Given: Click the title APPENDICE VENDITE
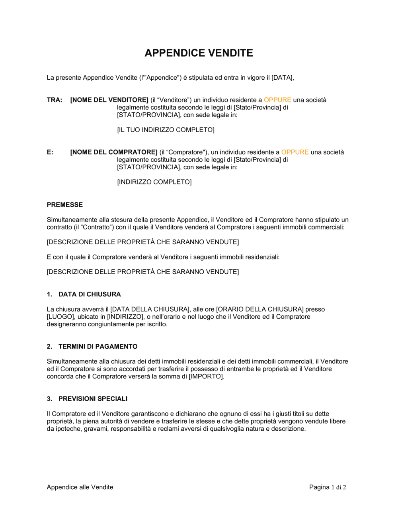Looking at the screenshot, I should click(199, 53).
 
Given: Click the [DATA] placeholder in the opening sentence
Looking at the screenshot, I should click(282, 78).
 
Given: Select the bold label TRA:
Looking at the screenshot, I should click(55, 100).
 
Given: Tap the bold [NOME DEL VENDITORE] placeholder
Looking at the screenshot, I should click(109, 100).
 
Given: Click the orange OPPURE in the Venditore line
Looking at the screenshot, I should click(277, 100).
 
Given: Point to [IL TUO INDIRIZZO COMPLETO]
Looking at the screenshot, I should click(166, 130).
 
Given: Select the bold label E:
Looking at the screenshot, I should click(50, 152).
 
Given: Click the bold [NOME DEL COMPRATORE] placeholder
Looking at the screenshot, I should click(114, 152).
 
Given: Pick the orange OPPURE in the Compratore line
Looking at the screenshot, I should click(295, 152).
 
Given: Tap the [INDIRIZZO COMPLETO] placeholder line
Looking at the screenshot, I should click(154, 182).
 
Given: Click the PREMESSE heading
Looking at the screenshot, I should click(65, 205).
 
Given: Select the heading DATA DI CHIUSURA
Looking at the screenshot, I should click(90, 294).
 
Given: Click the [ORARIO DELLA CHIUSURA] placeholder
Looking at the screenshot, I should click(260, 309).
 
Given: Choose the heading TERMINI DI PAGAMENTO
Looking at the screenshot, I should click(98, 347).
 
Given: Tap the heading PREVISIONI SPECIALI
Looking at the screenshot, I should click(93, 399).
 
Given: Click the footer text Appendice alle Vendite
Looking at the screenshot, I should click(80, 487).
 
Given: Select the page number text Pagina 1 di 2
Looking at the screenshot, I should click(328, 487).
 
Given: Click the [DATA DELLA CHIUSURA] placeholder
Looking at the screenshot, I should click(150, 309).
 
